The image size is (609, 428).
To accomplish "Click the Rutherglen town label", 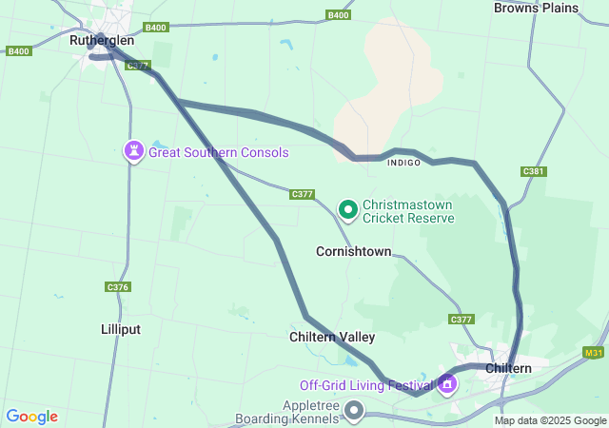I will [102, 41].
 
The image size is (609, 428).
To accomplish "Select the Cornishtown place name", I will [353, 252].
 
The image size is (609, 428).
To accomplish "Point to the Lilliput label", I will [121, 329].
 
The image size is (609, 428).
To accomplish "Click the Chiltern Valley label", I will [332, 337].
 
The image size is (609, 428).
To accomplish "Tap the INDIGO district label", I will [403, 163].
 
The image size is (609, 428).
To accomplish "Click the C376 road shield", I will [117, 286].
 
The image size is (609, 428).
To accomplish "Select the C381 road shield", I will [534, 171].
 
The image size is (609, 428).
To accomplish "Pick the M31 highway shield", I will [594, 353].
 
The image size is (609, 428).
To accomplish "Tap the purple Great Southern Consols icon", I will [134, 151].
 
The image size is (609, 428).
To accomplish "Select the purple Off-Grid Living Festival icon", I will [447, 385].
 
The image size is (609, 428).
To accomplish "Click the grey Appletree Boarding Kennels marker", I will [354, 411].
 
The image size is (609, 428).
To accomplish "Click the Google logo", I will [31, 417].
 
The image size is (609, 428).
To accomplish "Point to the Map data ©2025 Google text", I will [550, 420].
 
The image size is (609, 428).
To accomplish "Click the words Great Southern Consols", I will [218, 152].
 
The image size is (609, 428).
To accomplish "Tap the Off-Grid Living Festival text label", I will [366, 385].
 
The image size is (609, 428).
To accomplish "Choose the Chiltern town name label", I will [514, 368].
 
